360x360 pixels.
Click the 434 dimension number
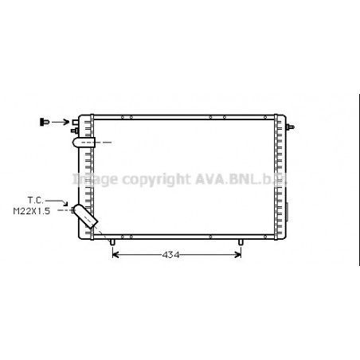pyautogui.click(x=171, y=255)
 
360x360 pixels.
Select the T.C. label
pyautogui.click(x=35, y=200)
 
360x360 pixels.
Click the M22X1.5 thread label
pyautogui.click(x=31, y=211)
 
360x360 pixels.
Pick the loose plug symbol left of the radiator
pyautogui.click(x=45, y=121)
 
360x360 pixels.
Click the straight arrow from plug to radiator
pyautogui.click(x=61, y=121)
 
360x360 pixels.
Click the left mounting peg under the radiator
pyautogui.click(x=112, y=241)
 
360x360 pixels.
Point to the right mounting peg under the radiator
pyautogui.click(x=241, y=241)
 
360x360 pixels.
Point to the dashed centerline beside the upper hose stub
pyautogui.click(x=105, y=143)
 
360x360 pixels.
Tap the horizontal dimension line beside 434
pyautogui.click(x=207, y=255)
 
